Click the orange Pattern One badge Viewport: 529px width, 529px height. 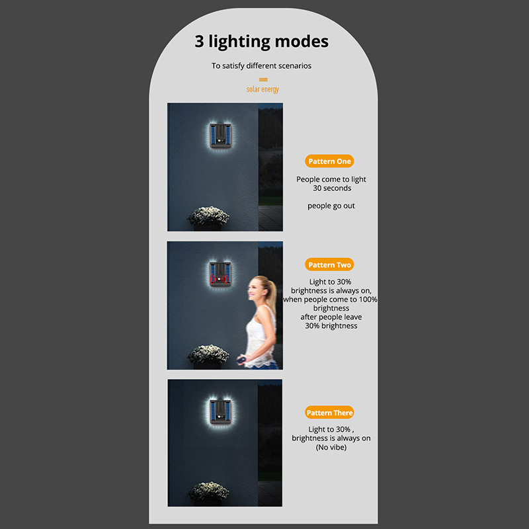point(329,161)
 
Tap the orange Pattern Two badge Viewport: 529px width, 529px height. point(329,264)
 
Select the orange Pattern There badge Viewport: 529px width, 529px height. point(329,412)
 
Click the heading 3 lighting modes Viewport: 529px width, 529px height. point(261,42)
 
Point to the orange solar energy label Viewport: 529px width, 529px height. point(263,89)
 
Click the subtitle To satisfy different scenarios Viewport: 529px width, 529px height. point(261,65)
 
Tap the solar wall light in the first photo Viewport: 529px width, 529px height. point(220,136)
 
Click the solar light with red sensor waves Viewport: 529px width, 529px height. point(220,274)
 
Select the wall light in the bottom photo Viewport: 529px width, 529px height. point(220,411)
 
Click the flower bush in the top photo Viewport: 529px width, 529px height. point(208,216)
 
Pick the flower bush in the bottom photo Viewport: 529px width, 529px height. point(208,491)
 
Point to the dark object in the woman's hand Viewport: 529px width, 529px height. point(241,360)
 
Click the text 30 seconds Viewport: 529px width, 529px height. point(332,188)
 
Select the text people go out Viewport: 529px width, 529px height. point(331,206)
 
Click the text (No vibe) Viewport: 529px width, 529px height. point(331,448)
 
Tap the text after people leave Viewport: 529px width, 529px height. point(331,317)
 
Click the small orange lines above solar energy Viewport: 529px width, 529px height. point(263,79)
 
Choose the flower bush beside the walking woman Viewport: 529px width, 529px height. point(208,354)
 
